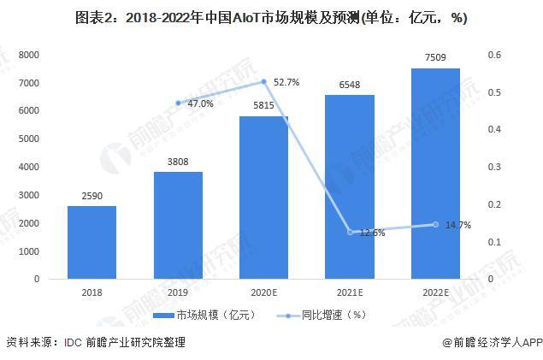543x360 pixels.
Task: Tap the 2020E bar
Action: click(x=263, y=198)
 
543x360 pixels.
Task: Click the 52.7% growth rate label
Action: click(x=286, y=83)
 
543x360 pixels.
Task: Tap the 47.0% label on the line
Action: click(x=200, y=103)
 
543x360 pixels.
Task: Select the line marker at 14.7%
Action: click(x=436, y=225)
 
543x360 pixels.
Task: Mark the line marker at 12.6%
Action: click(x=350, y=232)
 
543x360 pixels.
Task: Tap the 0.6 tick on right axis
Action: click(x=494, y=55)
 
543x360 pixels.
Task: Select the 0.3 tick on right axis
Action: click(x=494, y=167)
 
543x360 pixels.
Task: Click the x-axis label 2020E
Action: click(x=263, y=292)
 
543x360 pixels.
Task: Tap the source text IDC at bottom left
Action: click(x=72, y=342)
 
